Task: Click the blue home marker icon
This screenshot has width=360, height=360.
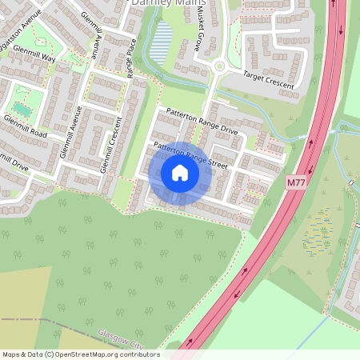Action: point(180,173)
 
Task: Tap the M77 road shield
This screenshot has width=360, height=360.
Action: point(297,183)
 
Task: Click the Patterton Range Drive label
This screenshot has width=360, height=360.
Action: point(202,122)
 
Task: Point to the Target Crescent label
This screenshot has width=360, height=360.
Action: point(258,79)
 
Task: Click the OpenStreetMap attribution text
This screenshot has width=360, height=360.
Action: point(80,354)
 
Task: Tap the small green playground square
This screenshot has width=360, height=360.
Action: point(20,108)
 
